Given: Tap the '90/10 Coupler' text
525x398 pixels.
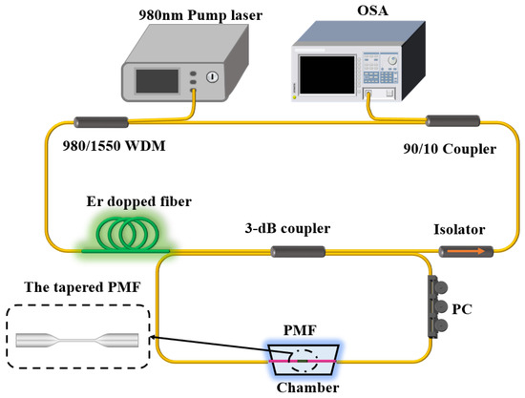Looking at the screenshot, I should click(x=451, y=150).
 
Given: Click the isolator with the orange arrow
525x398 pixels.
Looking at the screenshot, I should click(x=465, y=252).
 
